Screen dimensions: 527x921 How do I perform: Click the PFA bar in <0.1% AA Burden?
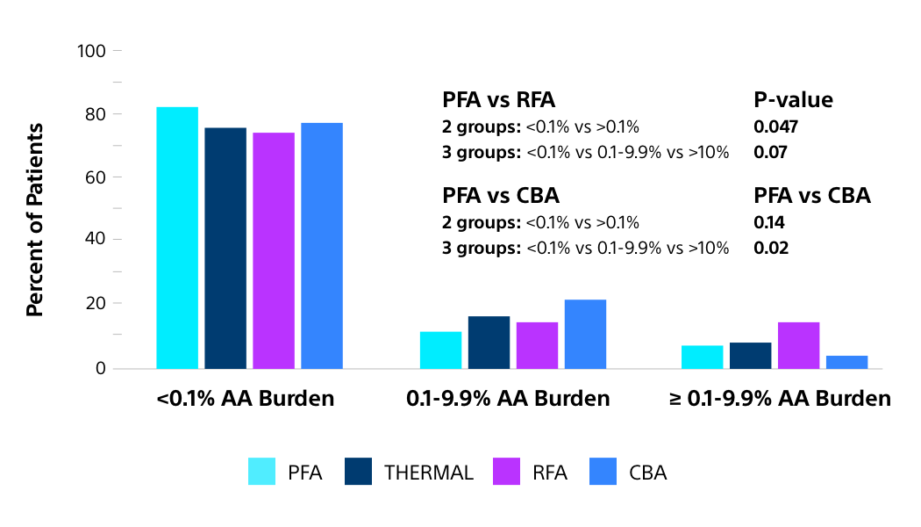(x=177, y=237)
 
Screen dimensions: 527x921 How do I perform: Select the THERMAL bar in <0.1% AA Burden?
(x=225, y=248)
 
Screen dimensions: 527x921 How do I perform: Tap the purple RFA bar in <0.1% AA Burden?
(x=274, y=250)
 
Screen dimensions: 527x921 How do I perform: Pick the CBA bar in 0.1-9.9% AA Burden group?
(x=585, y=334)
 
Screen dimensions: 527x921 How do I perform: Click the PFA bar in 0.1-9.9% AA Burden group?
(x=440, y=350)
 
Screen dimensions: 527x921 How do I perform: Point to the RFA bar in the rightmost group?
(x=798, y=345)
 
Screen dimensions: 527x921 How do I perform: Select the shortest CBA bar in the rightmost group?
(x=846, y=362)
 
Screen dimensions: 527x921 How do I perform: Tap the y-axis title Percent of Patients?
(x=34, y=220)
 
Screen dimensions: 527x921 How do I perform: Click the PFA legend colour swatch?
(x=262, y=473)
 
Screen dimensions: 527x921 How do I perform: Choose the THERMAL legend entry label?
(x=428, y=473)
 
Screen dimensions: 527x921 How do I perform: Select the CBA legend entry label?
(x=647, y=473)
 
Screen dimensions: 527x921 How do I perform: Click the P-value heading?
(x=793, y=99)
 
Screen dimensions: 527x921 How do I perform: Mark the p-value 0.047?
(x=775, y=126)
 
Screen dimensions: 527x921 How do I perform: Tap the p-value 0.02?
(x=771, y=248)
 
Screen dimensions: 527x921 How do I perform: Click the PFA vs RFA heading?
(x=498, y=99)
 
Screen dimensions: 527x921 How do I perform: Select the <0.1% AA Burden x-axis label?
(x=245, y=398)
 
